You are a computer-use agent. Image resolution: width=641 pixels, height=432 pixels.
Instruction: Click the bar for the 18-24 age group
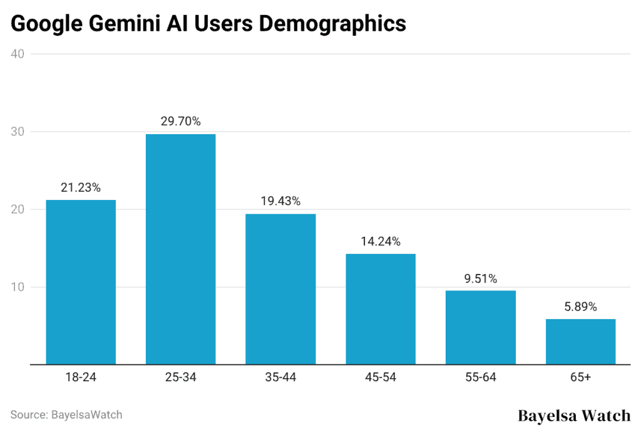(81, 282)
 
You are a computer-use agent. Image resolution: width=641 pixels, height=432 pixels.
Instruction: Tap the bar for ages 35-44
(280, 288)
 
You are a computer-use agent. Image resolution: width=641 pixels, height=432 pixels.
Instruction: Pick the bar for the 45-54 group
(381, 308)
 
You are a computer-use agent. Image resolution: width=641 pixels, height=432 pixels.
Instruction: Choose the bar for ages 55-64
(481, 327)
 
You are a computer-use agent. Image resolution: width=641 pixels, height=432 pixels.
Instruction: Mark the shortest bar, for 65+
(580, 341)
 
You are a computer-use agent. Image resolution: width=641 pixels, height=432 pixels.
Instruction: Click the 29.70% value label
(180, 122)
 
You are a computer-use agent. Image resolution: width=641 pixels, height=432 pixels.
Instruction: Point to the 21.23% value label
(81, 187)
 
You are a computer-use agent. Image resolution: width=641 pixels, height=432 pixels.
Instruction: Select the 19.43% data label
(280, 201)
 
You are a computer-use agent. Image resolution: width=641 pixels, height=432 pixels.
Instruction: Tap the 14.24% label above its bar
(381, 241)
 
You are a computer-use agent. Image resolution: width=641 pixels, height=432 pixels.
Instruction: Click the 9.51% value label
(481, 278)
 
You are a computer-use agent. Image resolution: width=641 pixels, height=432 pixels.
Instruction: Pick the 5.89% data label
(580, 307)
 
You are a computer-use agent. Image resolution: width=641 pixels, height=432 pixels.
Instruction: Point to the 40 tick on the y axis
(18, 54)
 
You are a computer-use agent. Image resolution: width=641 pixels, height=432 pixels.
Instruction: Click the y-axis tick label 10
(18, 287)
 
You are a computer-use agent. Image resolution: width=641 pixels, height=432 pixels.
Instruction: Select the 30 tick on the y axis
(18, 132)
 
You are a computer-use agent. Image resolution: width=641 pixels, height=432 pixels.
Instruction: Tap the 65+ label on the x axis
(580, 378)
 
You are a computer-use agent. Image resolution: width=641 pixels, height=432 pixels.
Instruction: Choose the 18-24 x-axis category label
(81, 378)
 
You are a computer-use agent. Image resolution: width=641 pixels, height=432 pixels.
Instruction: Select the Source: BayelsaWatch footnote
(66, 414)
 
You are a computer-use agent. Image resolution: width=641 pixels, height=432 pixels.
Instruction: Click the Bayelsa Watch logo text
(575, 415)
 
